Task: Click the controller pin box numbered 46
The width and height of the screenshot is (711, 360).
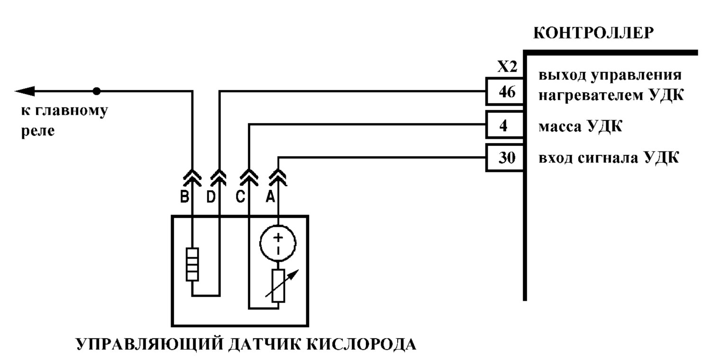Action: tap(505, 91)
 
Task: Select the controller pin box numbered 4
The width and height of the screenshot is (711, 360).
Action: tap(505, 125)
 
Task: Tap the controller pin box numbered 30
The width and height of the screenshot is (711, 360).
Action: tap(505, 158)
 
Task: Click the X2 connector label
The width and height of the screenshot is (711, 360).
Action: tap(507, 67)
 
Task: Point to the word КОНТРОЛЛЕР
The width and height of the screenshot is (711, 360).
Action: tap(593, 33)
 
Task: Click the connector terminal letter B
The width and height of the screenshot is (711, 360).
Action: tap(184, 197)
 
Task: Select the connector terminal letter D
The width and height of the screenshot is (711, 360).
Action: tap(211, 197)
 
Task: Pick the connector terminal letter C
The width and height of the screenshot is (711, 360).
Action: tap(240, 197)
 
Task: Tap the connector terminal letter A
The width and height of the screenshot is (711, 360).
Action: tap(270, 197)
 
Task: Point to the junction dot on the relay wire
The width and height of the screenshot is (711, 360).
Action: tap(97, 91)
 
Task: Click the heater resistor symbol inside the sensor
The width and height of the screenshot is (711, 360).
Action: tap(192, 264)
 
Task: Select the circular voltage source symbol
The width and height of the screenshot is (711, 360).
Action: tap(278, 243)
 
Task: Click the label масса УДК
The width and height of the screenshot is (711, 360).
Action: tap(581, 126)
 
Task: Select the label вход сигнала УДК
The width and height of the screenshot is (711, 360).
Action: tap(609, 158)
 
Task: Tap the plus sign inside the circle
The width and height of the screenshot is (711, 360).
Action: tap(278, 237)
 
